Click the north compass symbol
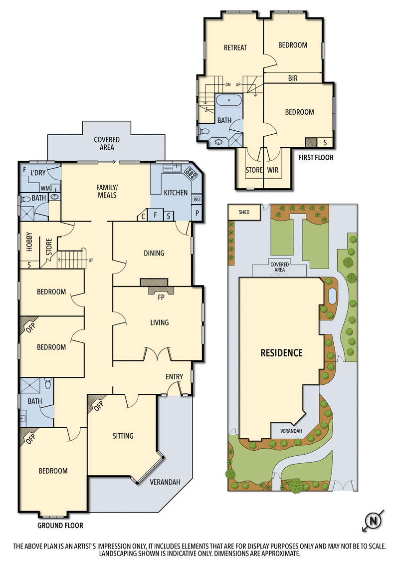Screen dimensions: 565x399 373,522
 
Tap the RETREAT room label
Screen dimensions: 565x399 235,48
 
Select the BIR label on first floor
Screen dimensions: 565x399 294,78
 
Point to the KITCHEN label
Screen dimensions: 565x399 176,193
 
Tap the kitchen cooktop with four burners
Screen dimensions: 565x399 191,173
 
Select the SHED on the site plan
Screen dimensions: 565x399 244,212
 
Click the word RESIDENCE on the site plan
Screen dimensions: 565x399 281,353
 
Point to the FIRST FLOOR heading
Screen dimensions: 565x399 316,158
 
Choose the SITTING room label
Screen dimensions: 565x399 123,436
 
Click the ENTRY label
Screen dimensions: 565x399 174,377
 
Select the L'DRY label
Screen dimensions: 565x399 38,173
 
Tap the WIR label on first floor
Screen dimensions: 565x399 272,170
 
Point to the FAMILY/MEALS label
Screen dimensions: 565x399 106,191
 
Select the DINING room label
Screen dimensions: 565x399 154,253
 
